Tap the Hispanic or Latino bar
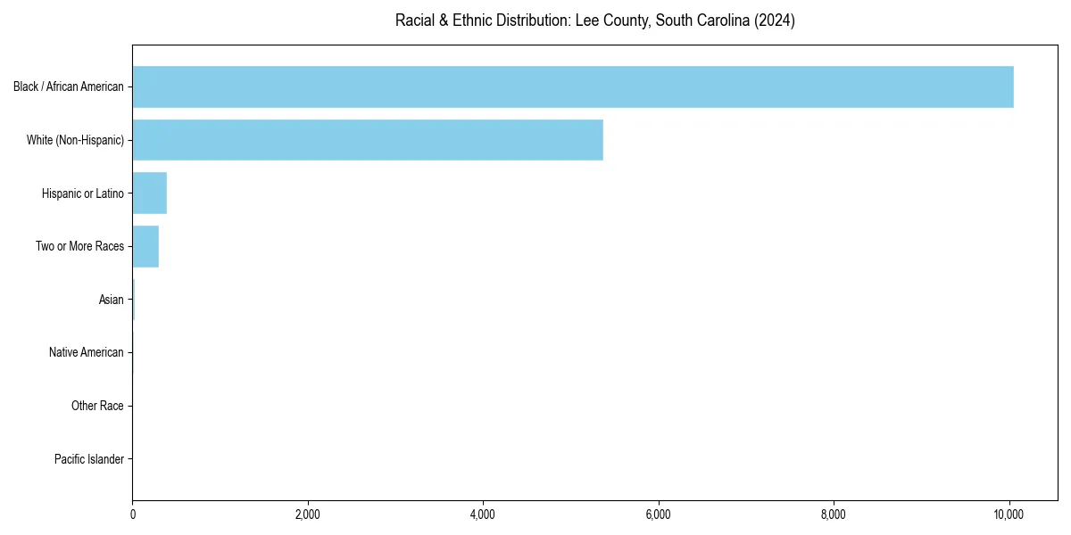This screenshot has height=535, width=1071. [150, 193]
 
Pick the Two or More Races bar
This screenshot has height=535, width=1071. [145, 246]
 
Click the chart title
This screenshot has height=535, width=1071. [595, 21]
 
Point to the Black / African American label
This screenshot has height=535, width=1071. [69, 86]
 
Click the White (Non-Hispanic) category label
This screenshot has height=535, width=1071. [75, 140]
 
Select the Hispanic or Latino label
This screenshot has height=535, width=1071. [83, 193]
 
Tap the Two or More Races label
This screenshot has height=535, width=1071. [80, 246]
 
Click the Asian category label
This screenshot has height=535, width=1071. [112, 300]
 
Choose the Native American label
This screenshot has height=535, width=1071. [87, 352]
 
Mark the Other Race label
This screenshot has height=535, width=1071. [97, 406]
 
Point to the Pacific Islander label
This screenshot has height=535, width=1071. [89, 459]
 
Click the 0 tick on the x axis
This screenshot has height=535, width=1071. [132, 514]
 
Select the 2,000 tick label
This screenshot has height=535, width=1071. [308, 514]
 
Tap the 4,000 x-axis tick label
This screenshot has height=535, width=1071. [483, 514]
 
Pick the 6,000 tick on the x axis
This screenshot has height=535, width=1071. [659, 514]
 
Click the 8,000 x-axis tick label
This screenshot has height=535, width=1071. [834, 514]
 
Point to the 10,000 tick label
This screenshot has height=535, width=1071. [1009, 514]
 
